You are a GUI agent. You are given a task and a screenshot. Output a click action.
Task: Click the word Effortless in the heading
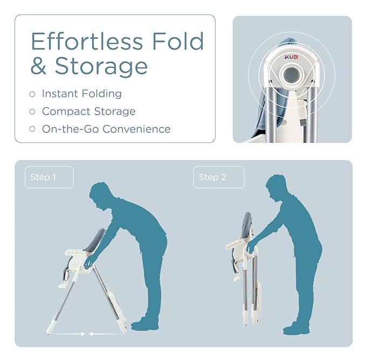pos(87,41)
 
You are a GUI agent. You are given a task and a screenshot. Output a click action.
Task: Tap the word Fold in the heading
pos(178,41)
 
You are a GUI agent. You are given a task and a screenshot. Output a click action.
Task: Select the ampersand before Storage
pos(38,66)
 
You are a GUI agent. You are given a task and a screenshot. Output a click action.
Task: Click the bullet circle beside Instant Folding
pos(32,94)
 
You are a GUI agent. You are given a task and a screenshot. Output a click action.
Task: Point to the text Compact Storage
pos(89,112)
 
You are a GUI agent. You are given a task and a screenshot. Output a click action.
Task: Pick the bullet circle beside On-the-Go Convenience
pos(32,129)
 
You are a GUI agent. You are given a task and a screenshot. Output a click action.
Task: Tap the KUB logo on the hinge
pos(291,57)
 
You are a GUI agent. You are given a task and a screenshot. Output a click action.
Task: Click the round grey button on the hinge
pos(292,75)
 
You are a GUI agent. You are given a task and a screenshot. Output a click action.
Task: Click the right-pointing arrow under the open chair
pos(68,334)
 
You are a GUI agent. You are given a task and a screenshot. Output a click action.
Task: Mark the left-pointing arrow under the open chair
pos(106,334)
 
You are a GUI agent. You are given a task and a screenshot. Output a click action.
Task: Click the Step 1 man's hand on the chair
pos(89,263)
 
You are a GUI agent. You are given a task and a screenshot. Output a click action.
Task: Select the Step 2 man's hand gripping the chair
pos(251,248)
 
